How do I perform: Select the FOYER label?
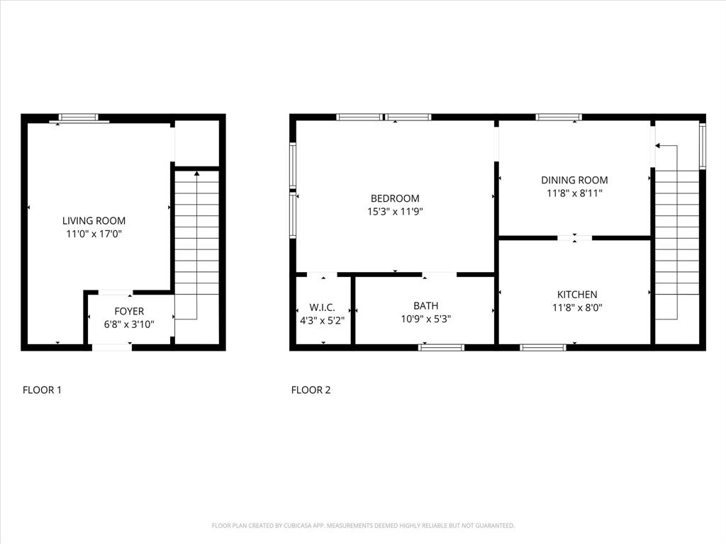click(129, 311)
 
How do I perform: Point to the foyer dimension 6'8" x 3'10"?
click(129, 324)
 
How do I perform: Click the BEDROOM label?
click(395, 198)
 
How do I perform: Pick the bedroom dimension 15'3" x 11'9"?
click(395, 211)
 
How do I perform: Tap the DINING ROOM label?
click(574, 180)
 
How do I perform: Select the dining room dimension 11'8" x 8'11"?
click(574, 193)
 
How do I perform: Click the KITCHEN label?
click(576, 294)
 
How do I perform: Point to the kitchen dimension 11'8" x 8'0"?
click(576, 307)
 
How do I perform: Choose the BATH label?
click(425, 305)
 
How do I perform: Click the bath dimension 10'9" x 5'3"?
click(425, 319)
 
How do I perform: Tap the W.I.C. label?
click(322, 307)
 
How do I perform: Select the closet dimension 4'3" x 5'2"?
click(322, 320)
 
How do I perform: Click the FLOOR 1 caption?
click(42, 390)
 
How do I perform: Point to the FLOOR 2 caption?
click(311, 390)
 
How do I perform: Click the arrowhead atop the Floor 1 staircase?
click(197, 174)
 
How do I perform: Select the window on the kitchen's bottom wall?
click(543, 347)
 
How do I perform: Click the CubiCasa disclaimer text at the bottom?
click(363, 526)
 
